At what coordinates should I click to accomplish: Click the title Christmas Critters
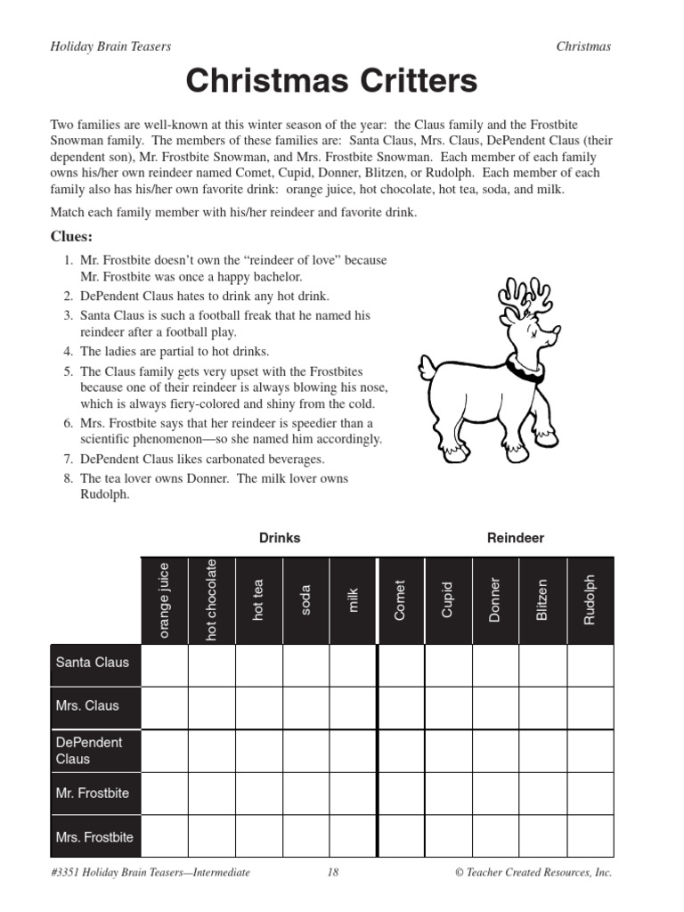[331, 81]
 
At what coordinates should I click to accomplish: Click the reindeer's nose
[557, 330]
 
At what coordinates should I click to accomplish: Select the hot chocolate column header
[212, 599]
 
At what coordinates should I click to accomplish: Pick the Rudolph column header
[590, 599]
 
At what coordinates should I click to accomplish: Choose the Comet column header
[401, 599]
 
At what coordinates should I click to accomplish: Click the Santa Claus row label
[93, 663]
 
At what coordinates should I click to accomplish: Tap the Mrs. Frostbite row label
[94, 837]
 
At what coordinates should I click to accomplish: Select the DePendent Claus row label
[89, 750]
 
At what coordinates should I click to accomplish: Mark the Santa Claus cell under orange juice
[165, 664]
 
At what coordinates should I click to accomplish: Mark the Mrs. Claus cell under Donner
[495, 707]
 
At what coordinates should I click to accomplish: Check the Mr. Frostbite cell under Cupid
[448, 794]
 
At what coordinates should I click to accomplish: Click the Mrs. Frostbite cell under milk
[353, 836]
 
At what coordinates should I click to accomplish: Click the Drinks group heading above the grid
[280, 538]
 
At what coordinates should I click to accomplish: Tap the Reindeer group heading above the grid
[516, 538]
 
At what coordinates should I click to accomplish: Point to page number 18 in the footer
[333, 873]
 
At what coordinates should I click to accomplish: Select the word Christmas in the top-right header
[583, 46]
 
